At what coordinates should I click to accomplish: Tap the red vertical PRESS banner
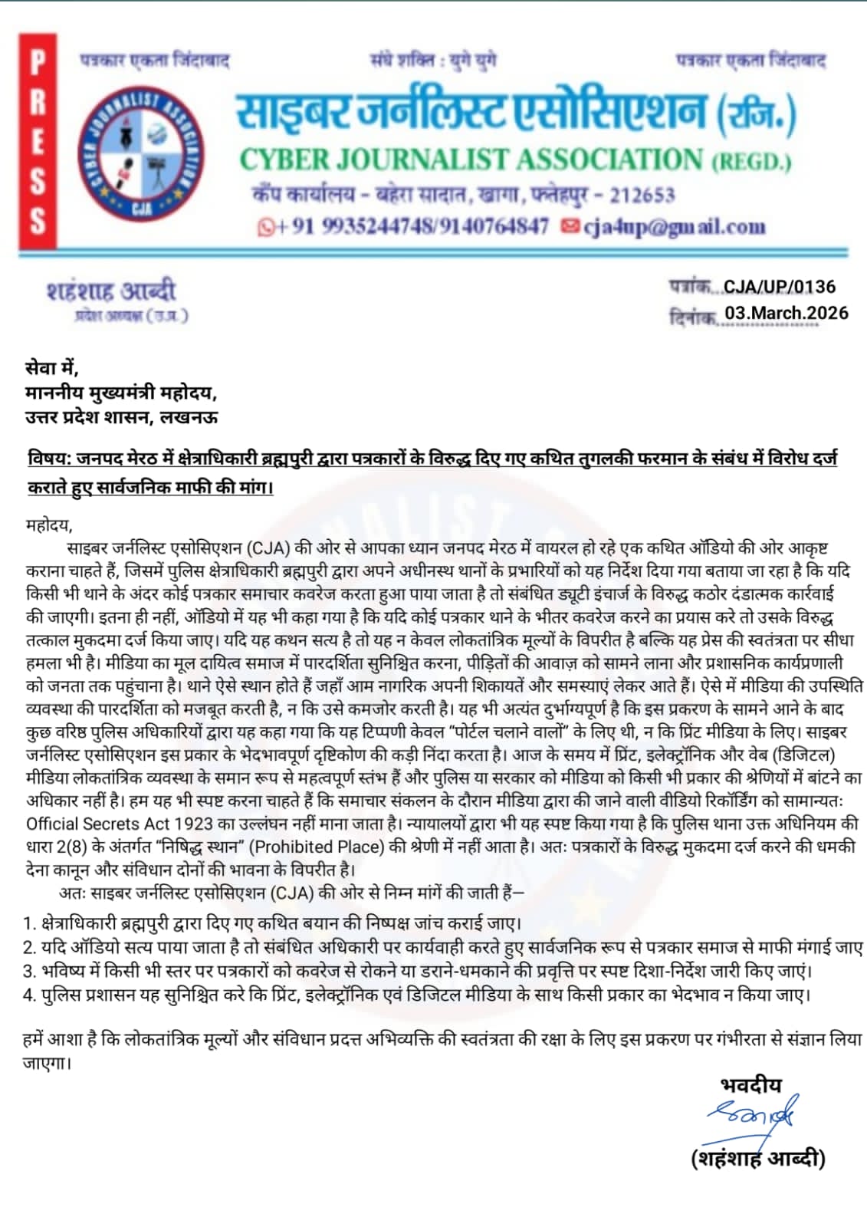point(38,142)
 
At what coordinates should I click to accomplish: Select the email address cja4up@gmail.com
point(674,226)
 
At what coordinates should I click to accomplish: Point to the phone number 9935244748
point(379,226)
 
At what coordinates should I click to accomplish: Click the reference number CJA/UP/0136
point(779,287)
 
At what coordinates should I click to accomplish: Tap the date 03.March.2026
point(786,313)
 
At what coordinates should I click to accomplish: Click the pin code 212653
point(642,195)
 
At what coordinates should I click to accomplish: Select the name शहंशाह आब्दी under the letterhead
point(111,291)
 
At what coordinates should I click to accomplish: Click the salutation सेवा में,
point(51,368)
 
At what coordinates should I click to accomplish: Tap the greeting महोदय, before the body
point(48,525)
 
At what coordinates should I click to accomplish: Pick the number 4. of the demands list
point(29,995)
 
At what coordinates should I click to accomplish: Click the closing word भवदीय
point(751,1084)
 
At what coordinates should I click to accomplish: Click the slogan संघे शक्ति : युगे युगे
point(433,60)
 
